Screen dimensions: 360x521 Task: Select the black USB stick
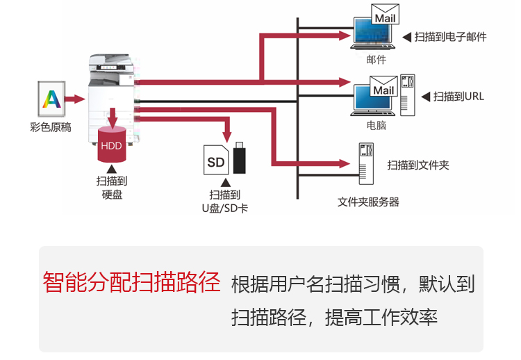point(240,158)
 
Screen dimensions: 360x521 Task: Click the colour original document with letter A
point(51,99)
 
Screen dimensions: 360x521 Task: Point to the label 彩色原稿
point(51,127)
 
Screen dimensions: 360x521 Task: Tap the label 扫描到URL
point(458,97)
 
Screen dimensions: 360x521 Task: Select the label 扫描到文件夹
point(418,165)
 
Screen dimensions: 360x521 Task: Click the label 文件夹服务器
point(368,202)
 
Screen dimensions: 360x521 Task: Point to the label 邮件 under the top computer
point(376,60)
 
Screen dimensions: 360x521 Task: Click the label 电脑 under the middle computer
point(376,126)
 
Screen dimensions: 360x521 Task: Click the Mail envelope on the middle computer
point(383,90)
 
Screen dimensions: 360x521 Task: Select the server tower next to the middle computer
point(408,95)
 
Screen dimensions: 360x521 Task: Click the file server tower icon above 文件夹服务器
point(366,164)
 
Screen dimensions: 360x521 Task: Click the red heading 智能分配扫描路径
point(131,282)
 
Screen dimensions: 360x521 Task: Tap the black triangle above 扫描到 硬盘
point(111,167)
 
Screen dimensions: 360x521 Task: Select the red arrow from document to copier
point(74,99)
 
